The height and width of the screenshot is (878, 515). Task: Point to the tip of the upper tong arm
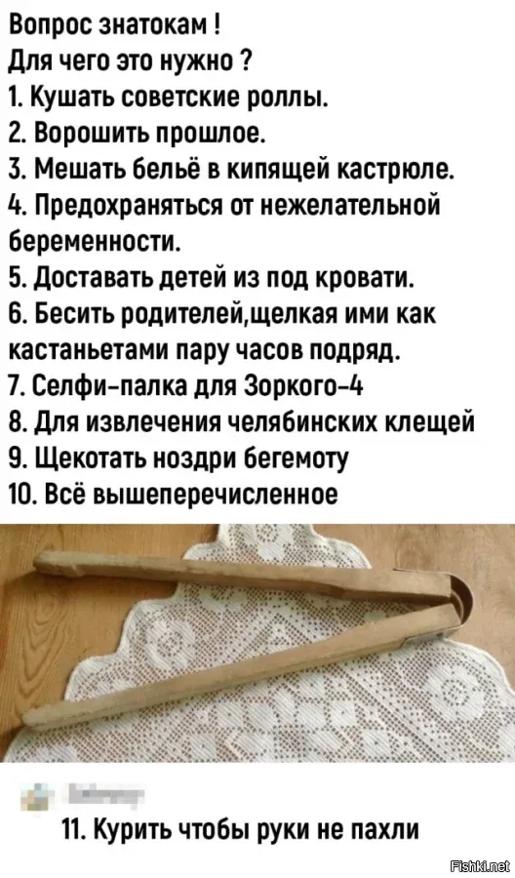[x=40, y=561]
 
